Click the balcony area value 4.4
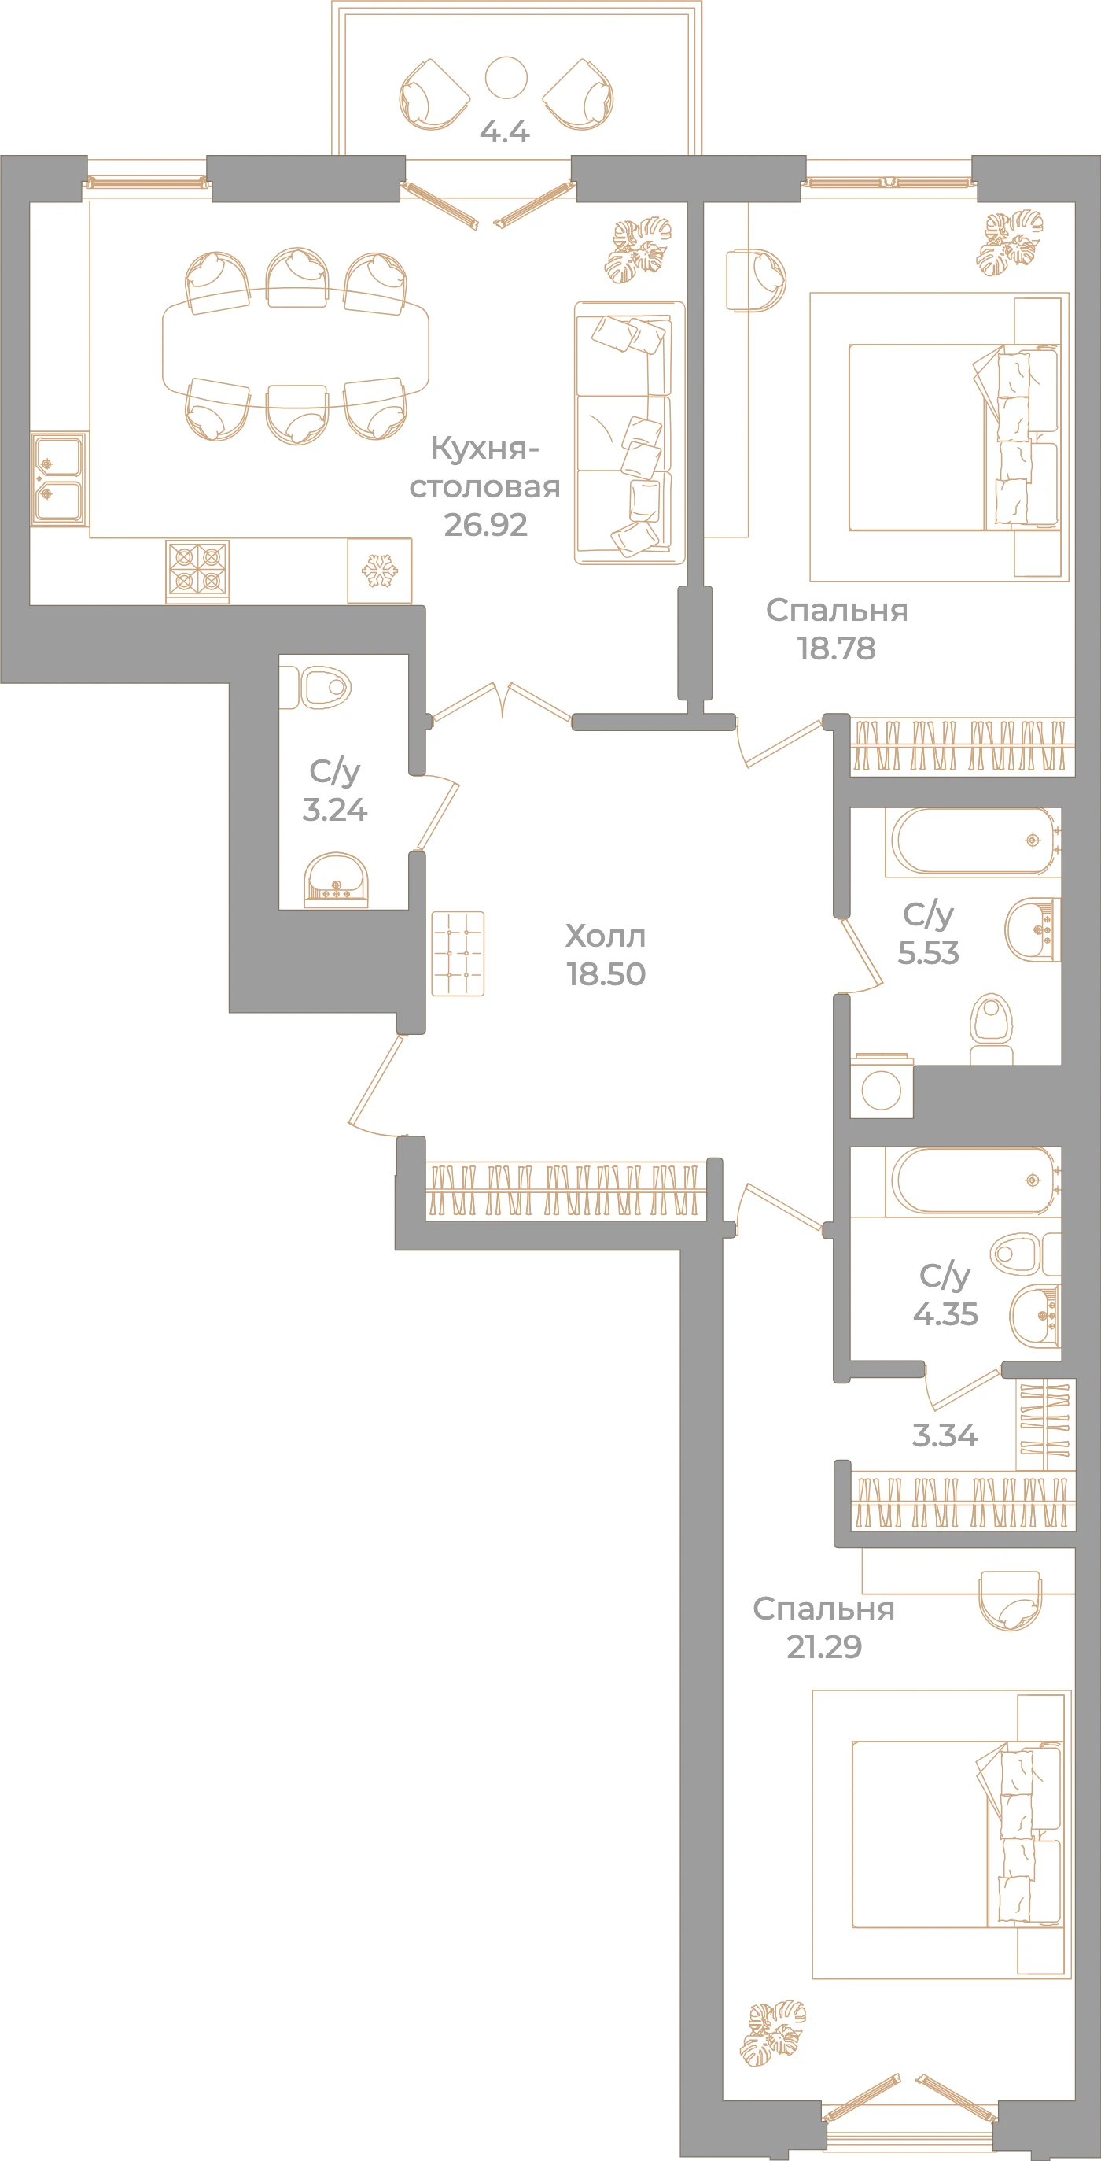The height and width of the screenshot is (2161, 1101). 504,131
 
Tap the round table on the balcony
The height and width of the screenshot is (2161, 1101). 506,77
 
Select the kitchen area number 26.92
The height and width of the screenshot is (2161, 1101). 485,525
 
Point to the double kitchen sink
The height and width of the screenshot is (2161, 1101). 59,479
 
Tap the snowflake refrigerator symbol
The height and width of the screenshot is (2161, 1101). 379,571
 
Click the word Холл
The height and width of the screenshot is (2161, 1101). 606,936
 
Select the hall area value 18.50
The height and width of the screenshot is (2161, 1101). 606,974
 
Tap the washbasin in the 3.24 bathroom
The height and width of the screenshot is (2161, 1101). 336,880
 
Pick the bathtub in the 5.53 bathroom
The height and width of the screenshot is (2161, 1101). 973,841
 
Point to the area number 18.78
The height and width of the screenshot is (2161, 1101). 836,648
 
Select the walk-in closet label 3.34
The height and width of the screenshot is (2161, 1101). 945,1435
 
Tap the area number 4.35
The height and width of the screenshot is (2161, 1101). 946,1313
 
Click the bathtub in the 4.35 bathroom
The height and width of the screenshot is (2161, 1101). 973,1182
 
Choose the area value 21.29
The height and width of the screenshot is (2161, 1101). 824,1647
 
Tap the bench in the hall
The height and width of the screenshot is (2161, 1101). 458,954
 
